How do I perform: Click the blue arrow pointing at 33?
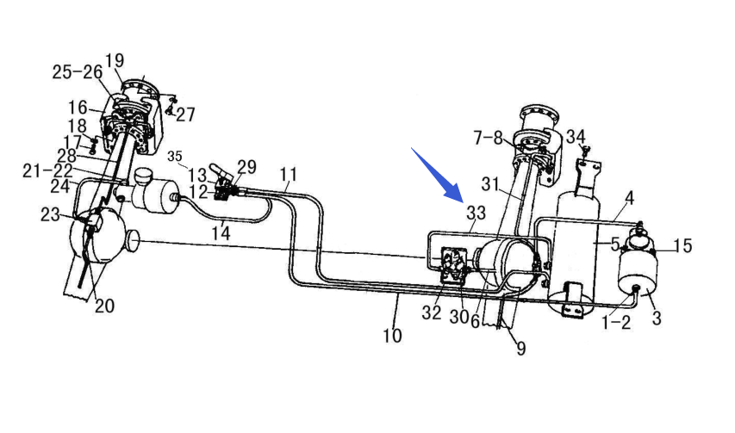click(437, 175)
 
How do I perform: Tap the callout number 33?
click(476, 213)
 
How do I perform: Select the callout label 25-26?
click(78, 72)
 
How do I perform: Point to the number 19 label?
click(115, 60)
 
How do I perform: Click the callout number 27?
click(185, 114)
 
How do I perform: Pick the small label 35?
click(174, 156)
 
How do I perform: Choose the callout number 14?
click(221, 232)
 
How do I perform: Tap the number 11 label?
click(289, 175)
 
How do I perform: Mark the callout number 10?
click(392, 335)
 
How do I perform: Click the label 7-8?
click(489, 138)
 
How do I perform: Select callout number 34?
click(576, 137)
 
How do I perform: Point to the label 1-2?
click(616, 322)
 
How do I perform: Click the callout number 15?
click(683, 245)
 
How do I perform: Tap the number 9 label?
click(520, 349)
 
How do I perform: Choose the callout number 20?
click(104, 306)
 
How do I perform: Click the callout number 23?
click(50, 215)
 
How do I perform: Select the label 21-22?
click(47, 170)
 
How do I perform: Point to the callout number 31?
click(490, 184)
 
